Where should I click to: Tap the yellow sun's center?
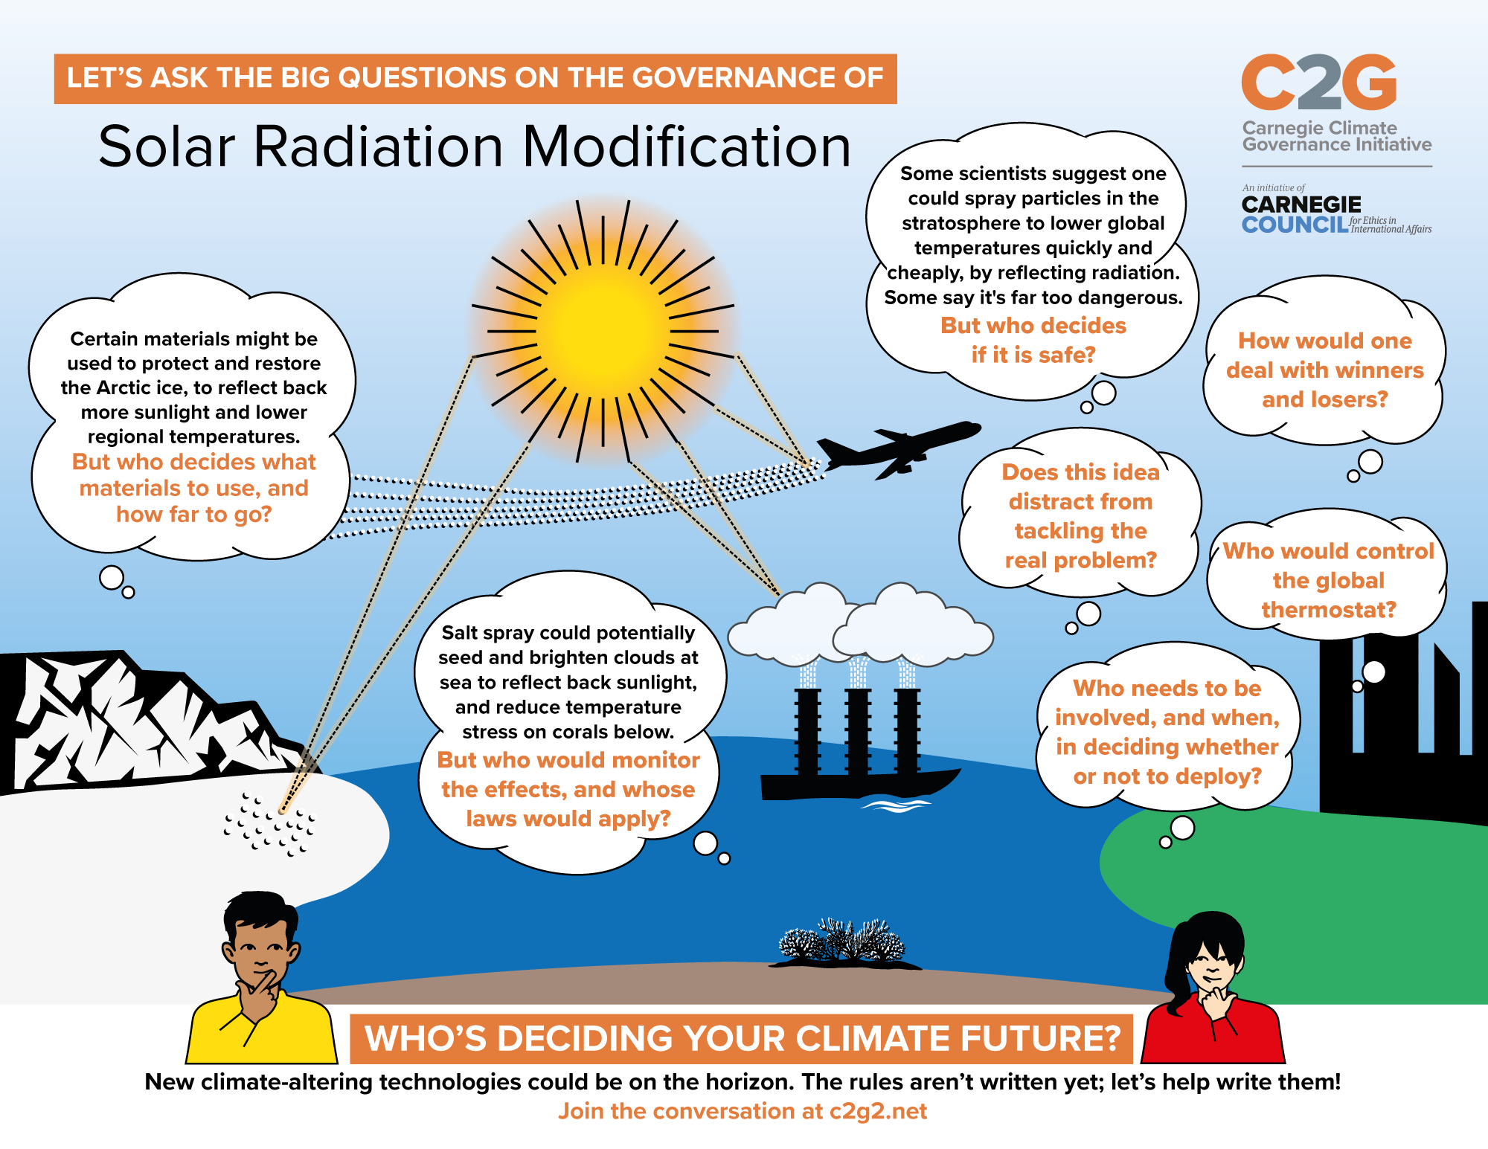point(603,331)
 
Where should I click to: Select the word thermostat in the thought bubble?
point(1328,610)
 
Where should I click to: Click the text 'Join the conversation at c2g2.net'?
point(743,1111)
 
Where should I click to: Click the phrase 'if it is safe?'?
point(1033,355)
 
